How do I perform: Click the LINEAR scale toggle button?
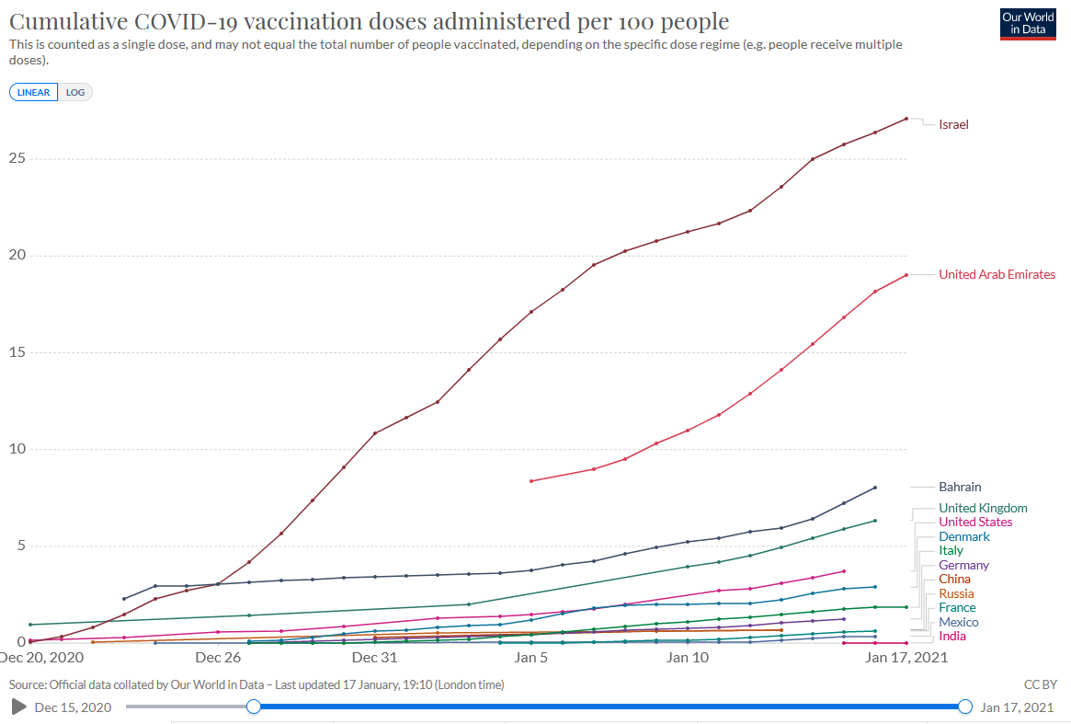33,92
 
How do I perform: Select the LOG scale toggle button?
75,92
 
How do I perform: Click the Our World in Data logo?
1027,24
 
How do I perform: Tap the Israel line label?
953,124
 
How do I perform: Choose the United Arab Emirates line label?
997,274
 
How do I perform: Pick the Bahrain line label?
960,487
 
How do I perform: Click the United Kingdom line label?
983,508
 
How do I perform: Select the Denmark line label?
964,536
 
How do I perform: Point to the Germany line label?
963,565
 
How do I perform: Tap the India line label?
951,636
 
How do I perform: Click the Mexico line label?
958,622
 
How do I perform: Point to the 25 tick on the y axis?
16,158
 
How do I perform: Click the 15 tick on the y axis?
16,352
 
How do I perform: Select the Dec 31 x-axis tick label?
374,658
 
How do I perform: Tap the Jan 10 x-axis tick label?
688,658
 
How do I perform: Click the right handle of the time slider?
964,707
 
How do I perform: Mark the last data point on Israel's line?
906,119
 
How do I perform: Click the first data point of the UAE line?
531,481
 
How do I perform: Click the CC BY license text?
1040,685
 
